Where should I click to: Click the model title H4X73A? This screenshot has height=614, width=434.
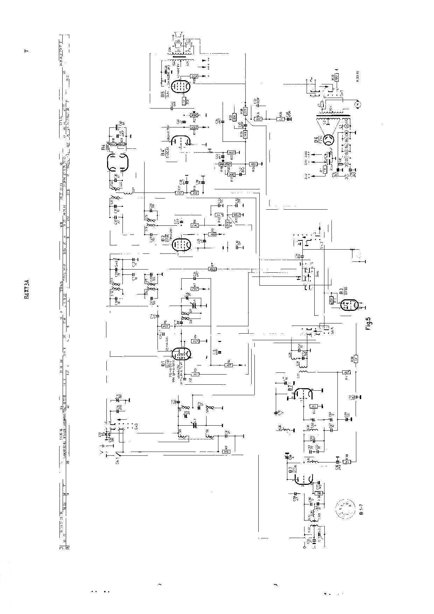coord(26,288)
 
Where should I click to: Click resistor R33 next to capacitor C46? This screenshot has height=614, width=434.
coord(280,119)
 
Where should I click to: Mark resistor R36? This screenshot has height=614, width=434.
coord(356,360)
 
